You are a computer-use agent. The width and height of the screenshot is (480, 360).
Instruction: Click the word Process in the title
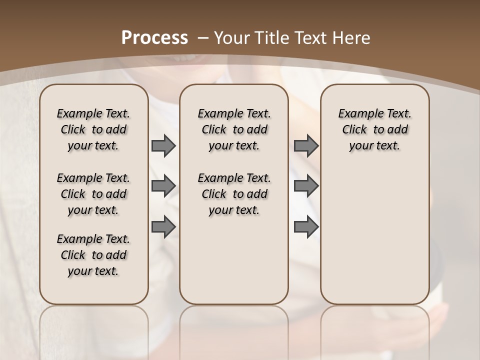(x=155, y=37)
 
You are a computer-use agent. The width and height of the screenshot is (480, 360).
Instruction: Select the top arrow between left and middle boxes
(x=163, y=146)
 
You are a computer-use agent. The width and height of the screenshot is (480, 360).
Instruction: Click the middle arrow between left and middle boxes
(x=163, y=186)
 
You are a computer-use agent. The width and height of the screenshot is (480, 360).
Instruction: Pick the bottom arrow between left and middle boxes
(x=163, y=226)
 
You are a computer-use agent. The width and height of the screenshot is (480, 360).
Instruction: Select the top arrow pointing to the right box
(x=306, y=146)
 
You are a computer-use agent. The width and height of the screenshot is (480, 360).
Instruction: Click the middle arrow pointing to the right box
(x=306, y=186)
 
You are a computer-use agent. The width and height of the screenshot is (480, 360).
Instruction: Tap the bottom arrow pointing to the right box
(x=306, y=226)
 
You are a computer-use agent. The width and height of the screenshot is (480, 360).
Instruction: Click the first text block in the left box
(x=93, y=129)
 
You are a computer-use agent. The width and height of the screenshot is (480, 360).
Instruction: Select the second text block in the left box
(x=93, y=194)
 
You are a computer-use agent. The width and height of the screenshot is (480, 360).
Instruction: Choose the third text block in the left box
(x=93, y=255)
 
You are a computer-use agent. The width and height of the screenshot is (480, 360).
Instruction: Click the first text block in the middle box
(x=234, y=129)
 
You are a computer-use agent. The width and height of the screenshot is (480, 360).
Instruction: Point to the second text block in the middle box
(x=234, y=194)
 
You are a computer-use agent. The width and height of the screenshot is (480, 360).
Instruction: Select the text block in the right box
(x=375, y=129)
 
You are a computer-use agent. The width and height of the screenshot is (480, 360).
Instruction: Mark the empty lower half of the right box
(x=375, y=235)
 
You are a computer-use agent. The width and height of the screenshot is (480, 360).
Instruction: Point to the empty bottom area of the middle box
(x=234, y=265)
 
